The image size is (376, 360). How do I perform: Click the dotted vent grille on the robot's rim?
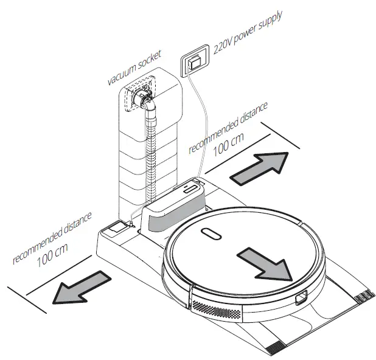pos(219,310)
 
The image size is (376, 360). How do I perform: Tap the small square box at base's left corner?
pos(113,229)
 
